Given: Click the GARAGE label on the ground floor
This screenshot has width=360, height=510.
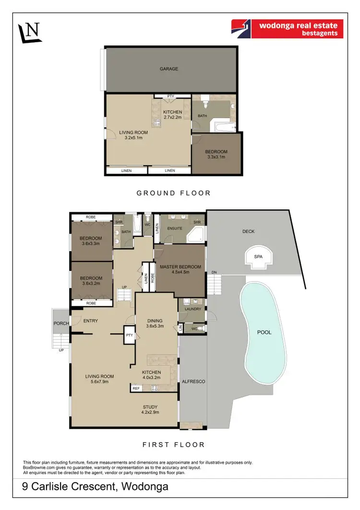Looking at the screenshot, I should tap(169, 69).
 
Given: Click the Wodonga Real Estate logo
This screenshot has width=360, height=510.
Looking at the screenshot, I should tap(287, 29).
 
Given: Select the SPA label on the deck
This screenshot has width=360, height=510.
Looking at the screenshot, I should tap(258, 257).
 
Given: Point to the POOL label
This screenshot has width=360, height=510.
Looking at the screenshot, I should tap(264, 332).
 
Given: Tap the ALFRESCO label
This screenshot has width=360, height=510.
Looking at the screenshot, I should tap(193, 381).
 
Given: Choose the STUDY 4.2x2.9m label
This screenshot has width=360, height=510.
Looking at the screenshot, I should tap(150, 410).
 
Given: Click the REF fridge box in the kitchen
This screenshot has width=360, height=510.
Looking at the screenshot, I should tap(136, 387).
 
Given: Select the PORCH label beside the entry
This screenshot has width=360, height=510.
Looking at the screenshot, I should tap(61, 323).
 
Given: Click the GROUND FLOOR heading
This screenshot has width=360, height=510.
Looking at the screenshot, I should tap(173, 193).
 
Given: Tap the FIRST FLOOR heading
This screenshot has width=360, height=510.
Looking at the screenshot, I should tap(174, 445).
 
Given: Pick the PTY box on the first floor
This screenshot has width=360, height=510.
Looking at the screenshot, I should tap(129, 335).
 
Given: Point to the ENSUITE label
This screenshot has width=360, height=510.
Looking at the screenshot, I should tap(174, 228).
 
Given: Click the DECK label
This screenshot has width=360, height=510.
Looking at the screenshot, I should tap(248, 231).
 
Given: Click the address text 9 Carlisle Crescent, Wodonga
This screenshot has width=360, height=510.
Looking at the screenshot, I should tap(96, 487).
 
